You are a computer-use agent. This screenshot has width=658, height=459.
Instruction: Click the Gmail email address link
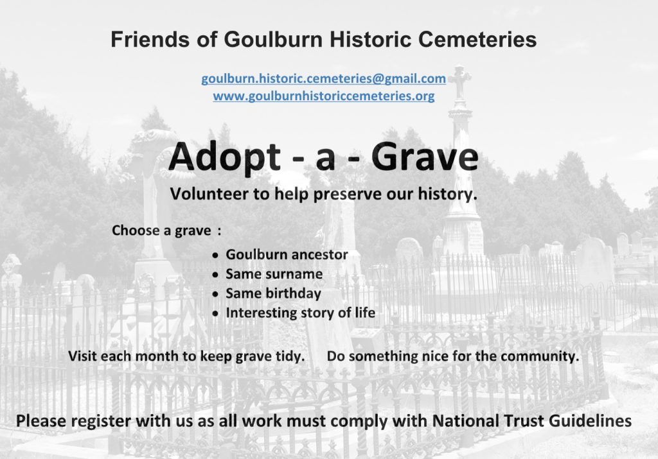[x=324, y=79]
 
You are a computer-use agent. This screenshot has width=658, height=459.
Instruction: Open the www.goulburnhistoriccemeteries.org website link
[x=324, y=96]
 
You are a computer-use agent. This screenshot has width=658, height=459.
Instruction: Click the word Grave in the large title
[x=425, y=157]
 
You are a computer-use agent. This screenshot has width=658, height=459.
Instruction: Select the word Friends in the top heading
[x=150, y=39]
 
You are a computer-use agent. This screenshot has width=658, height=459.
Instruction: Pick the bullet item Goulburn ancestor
[x=287, y=254]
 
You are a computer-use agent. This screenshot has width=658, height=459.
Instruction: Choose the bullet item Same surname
[x=274, y=274]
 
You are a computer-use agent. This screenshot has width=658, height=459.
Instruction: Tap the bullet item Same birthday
[x=274, y=293]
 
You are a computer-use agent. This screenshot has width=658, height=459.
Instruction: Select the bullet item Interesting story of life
[x=301, y=313]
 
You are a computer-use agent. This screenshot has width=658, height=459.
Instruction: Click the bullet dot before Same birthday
[x=216, y=294]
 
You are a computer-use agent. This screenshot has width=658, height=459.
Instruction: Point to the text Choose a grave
[x=161, y=230]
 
